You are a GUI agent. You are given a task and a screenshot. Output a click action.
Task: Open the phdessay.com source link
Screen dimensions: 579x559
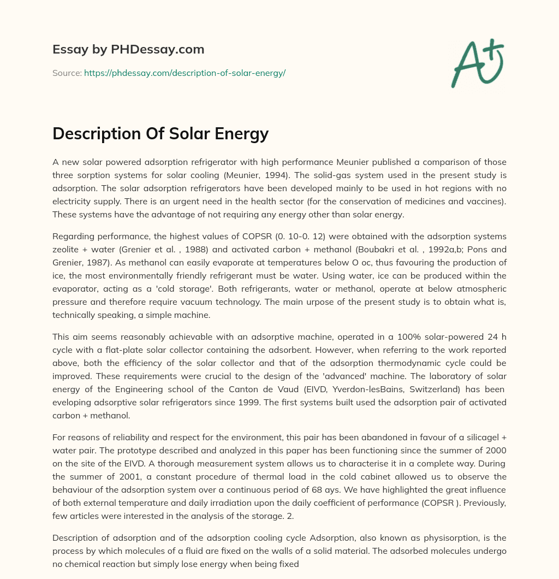point(185,73)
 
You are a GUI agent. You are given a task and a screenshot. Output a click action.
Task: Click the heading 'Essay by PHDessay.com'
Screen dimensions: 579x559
point(128,50)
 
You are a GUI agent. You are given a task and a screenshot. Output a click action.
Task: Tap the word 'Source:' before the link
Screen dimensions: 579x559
point(67,73)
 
